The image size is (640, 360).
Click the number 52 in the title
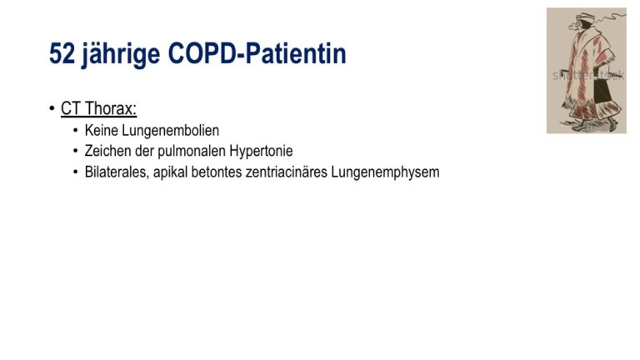(62, 54)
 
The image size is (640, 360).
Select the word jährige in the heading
(121, 55)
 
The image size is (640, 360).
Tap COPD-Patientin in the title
(257, 53)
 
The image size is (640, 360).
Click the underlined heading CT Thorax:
(98, 108)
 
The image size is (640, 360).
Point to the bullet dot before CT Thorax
(52, 108)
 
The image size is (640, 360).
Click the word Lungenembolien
(171, 131)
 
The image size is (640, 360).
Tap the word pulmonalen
(192, 152)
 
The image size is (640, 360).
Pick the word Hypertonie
(261, 152)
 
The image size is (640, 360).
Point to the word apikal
(170, 172)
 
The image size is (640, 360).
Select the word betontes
(217, 172)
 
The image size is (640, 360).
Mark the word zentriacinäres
(287, 172)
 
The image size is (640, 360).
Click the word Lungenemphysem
(385, 172)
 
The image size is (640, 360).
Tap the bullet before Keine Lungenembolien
(76, 130)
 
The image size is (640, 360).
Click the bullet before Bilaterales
(76, 172)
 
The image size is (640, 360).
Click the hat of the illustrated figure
(586, 17)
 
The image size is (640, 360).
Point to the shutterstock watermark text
(588, 75)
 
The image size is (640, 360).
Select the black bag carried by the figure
(602, 91)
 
